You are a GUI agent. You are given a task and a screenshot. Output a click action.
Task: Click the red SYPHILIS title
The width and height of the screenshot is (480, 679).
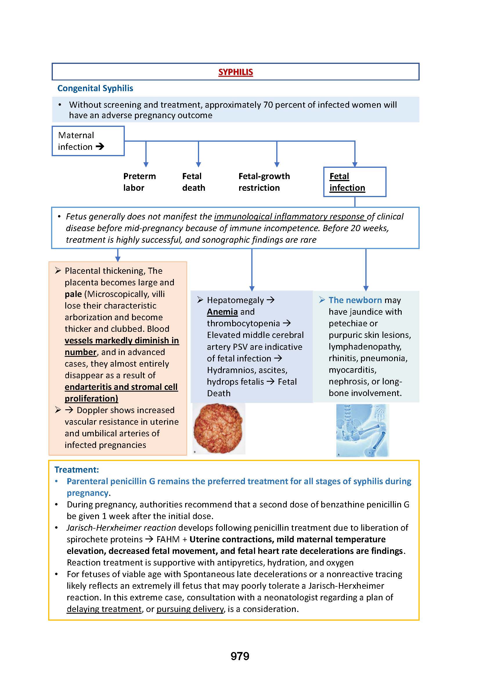click(236, 72)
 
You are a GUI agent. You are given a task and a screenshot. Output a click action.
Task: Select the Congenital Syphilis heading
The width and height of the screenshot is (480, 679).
click(95, 88)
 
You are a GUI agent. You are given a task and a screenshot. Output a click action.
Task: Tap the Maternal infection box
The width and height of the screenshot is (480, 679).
click(88, 141)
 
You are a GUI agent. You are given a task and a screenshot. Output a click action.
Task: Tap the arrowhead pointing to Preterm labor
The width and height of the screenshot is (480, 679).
click(146, 164)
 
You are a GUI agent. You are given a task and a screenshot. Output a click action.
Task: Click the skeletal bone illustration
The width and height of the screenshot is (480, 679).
click(362, 430)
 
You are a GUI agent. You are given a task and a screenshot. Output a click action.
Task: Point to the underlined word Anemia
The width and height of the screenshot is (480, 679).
click(222, 312)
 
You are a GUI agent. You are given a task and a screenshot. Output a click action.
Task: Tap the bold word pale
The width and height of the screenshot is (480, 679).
click(73, 294)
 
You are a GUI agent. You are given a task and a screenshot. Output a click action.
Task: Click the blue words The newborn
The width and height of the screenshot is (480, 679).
click(355, 300)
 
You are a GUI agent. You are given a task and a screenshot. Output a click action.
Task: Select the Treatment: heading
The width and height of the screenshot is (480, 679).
click(77, 469)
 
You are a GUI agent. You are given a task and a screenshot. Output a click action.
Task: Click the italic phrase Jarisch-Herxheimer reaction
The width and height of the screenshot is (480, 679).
click(121, 527)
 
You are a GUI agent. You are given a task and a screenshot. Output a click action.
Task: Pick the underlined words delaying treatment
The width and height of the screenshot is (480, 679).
click(104, 609)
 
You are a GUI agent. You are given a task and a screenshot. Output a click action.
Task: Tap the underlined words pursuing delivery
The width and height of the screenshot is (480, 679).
click(190, 609)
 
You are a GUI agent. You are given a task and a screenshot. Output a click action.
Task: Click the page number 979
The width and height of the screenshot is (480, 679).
click(240, 656)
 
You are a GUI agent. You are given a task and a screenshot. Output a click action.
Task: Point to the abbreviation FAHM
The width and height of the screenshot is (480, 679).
click(168, 539)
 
